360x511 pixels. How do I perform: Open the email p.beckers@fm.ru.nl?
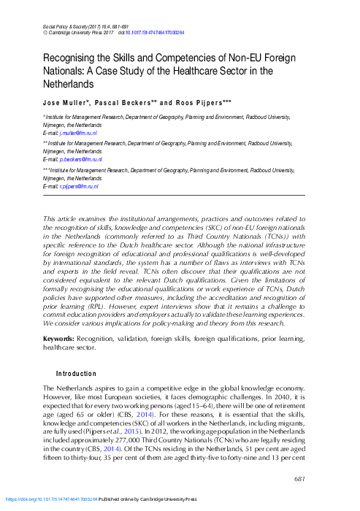pyautogui.click(x=82, y=158)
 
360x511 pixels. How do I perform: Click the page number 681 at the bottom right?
pyautogui.click(x=299, y=478)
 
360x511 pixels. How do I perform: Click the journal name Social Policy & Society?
pyautogui.click(x=66, y=26)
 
